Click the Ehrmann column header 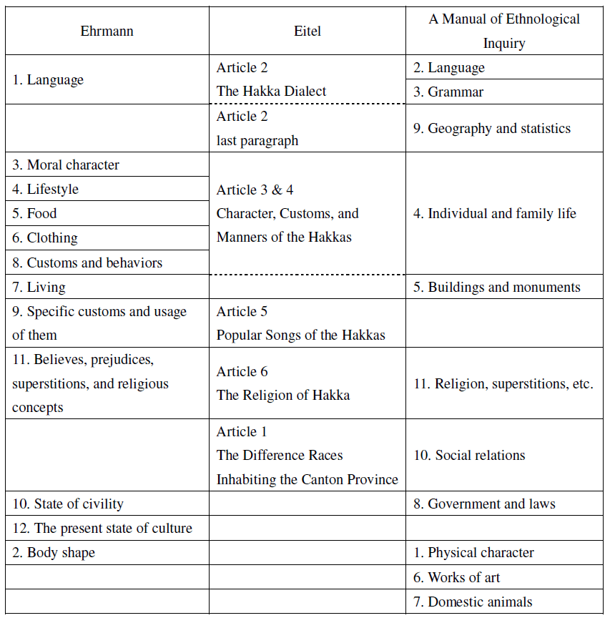107,31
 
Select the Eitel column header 308,31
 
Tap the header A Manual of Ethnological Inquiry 504,31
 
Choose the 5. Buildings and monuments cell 504,287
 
